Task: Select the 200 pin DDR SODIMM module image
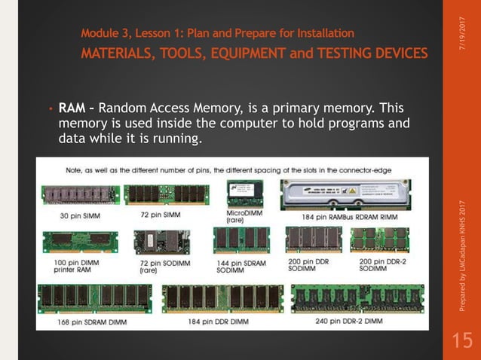[314, 241]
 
